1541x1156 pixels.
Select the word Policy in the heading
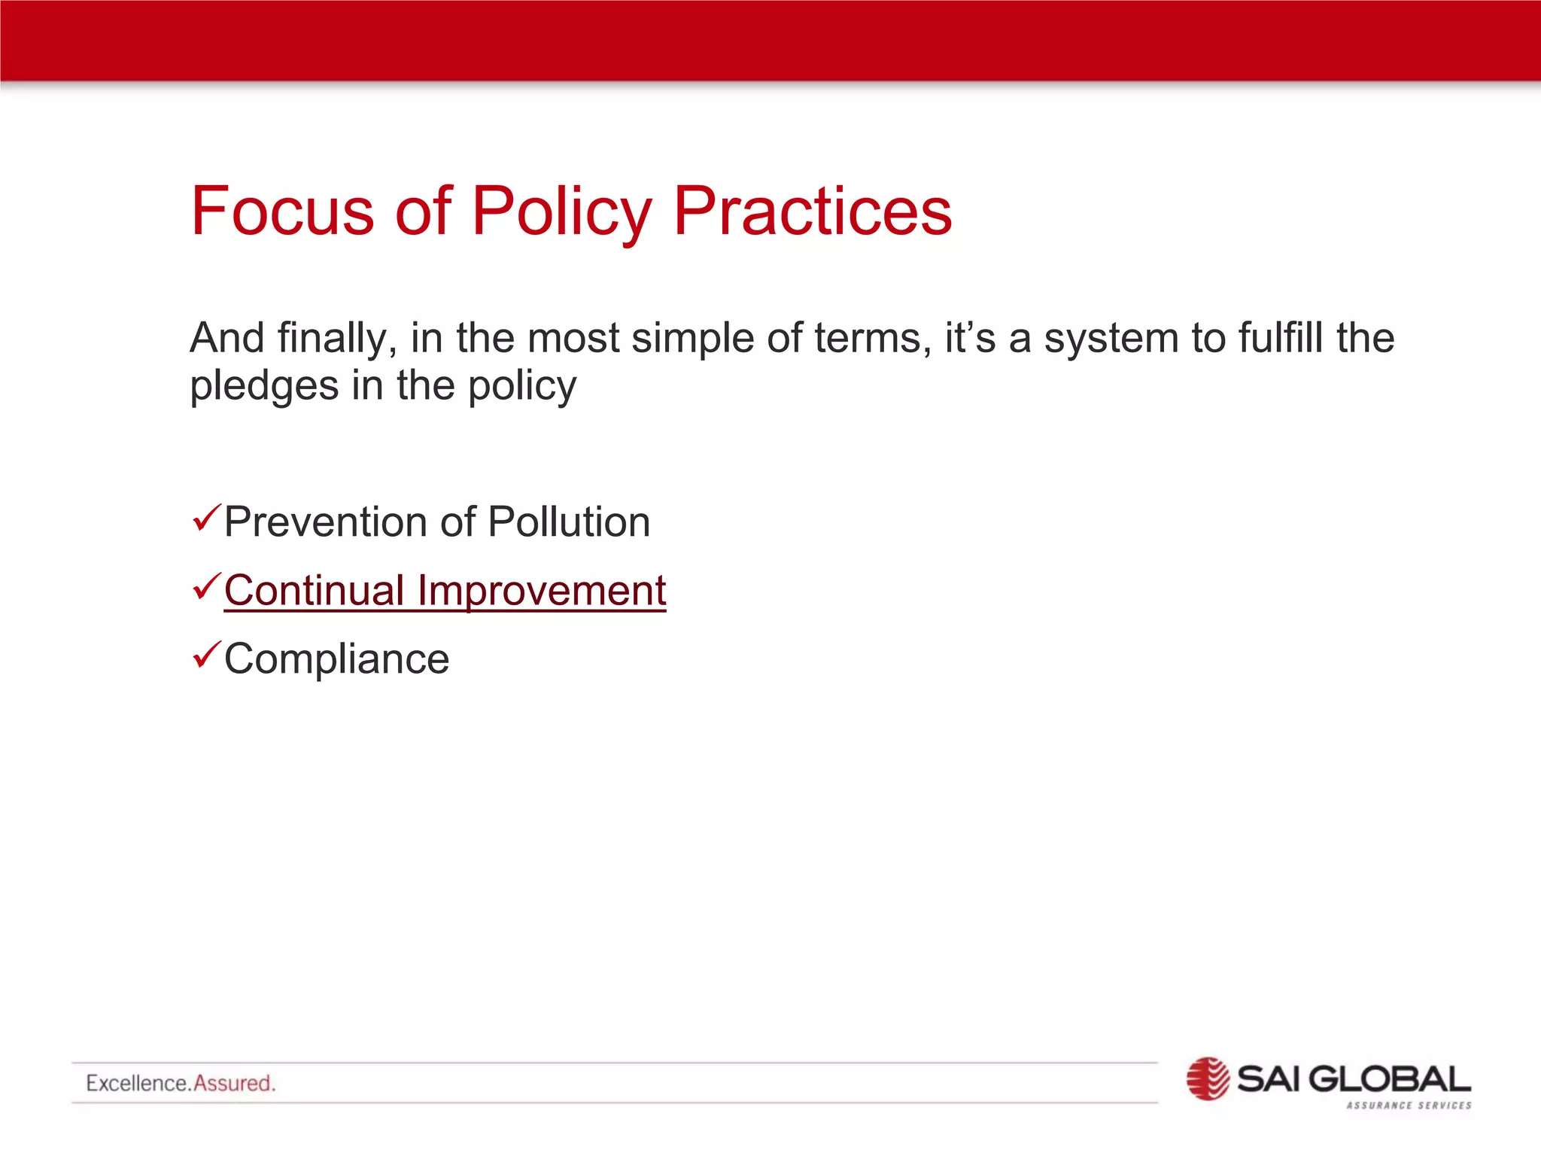pos(561,212)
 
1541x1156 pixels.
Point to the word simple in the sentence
pos(692,338)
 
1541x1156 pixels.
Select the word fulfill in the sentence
pos(1279,338)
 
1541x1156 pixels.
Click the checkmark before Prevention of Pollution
pos(205,519)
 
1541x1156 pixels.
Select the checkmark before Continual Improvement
pos(205,586)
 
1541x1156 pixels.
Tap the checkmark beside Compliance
pos(205,655)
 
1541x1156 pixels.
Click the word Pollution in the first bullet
pos(569,522)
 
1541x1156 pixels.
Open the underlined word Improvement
pos(542,590)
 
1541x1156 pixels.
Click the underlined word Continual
pos(315,590)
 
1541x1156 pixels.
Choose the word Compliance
pos(336,659)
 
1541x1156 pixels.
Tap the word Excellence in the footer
pos(137,1083)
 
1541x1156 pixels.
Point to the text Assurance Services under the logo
pos(1409,1106)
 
